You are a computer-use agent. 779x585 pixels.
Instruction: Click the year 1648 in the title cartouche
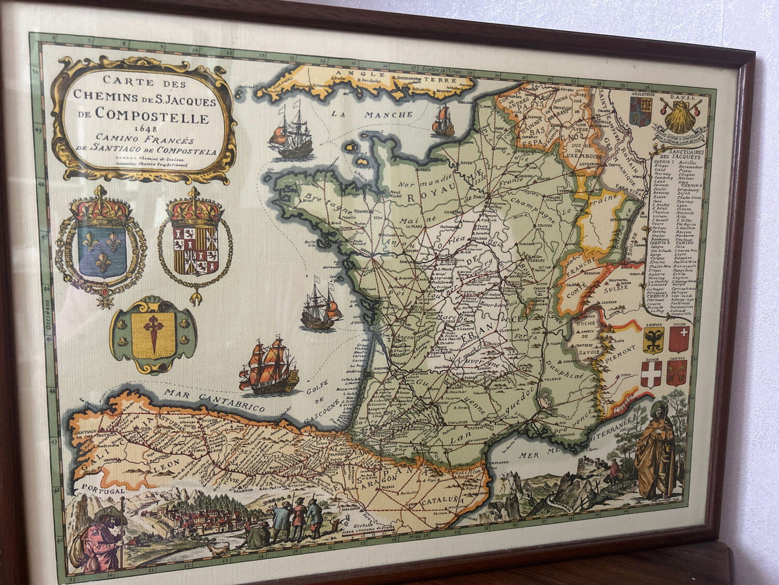[x=142, y=129]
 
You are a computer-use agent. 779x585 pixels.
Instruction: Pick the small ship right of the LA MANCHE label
[x=443, y=121]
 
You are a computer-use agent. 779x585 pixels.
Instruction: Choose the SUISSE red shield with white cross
[x=679, y=341]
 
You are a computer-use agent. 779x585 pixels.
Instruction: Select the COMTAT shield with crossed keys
[x=677, y=373]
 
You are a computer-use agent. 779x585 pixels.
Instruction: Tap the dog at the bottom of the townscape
[x=218, y=548]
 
